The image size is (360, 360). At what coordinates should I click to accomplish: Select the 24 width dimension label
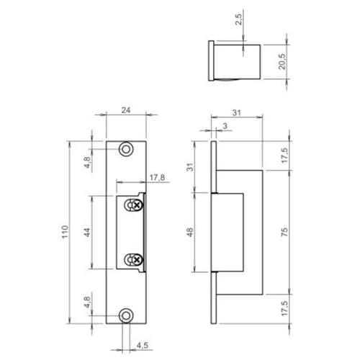pos(126,111)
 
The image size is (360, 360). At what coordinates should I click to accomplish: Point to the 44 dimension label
pos(87,232)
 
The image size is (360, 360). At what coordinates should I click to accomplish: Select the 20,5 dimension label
pos(284,63)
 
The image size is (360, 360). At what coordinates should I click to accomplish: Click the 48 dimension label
pos(191,232)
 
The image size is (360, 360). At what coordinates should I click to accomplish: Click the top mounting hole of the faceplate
pos(126,148)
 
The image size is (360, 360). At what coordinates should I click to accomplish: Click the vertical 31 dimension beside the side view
pos(191,167)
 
